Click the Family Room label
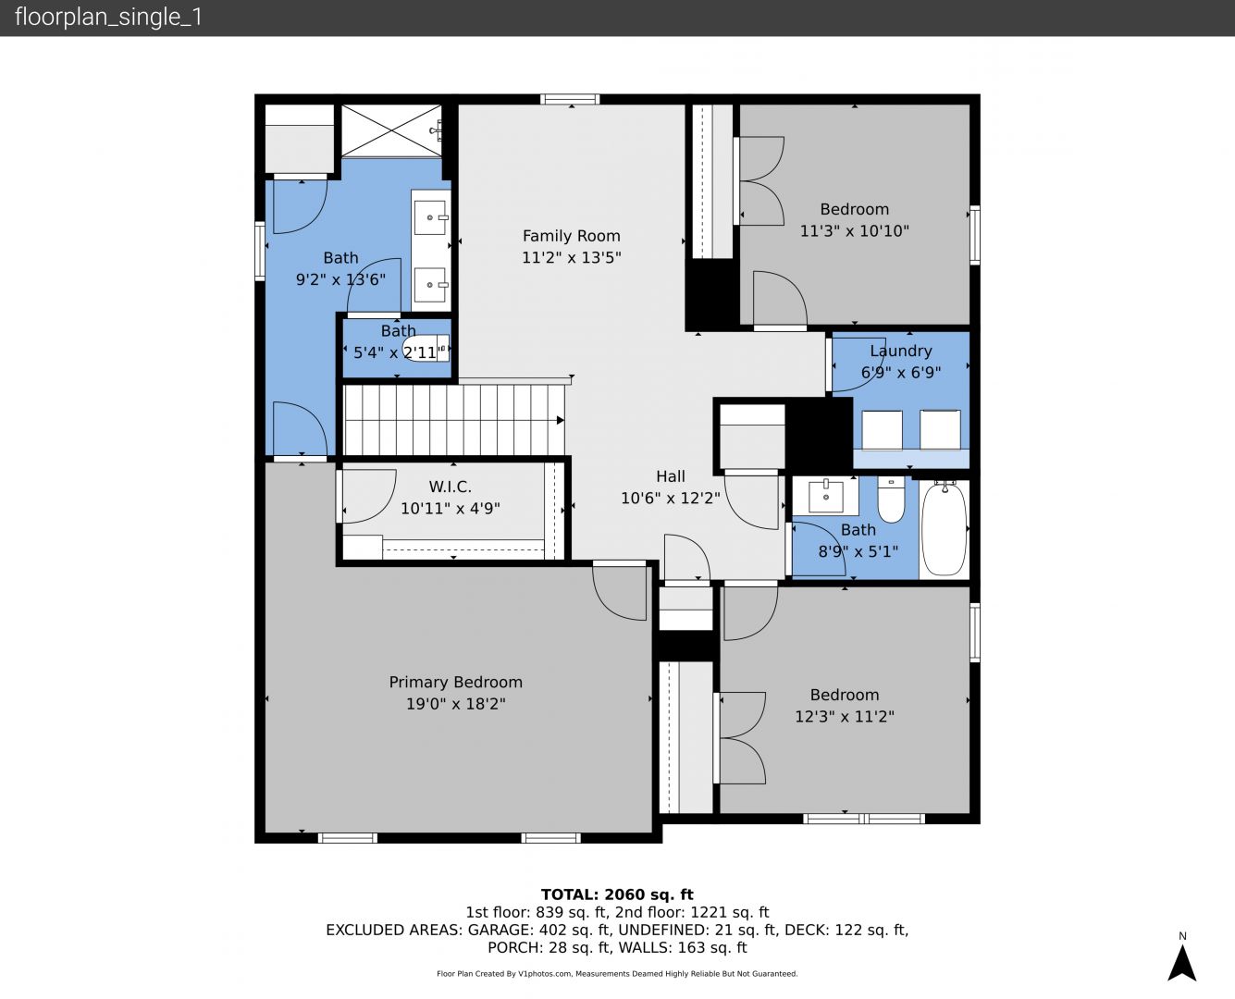(x=571, y=236)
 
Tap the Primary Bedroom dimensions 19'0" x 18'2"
(x=456, y=704)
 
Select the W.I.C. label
(x=450, y=487)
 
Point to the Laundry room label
(x=901, y=351)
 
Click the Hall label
(x=671, y=476)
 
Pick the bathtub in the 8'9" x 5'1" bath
(x=945, y=529)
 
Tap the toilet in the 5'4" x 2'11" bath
(x=426, y=348)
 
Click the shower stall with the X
(x=391, y=130)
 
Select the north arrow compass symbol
(x=1182, y=964)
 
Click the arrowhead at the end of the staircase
(x=560, y=420)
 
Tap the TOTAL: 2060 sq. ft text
(x=617, y=894)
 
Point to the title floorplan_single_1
(x=108, y=18)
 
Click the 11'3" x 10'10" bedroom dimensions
(x=854, y=230)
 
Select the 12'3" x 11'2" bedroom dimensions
(x=845, y=717)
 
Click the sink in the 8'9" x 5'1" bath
(x=826, y=497)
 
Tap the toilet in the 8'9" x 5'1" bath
(x=891, y=499)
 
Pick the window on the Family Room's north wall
(x=570, y=100)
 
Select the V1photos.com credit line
(x=617, y=973)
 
